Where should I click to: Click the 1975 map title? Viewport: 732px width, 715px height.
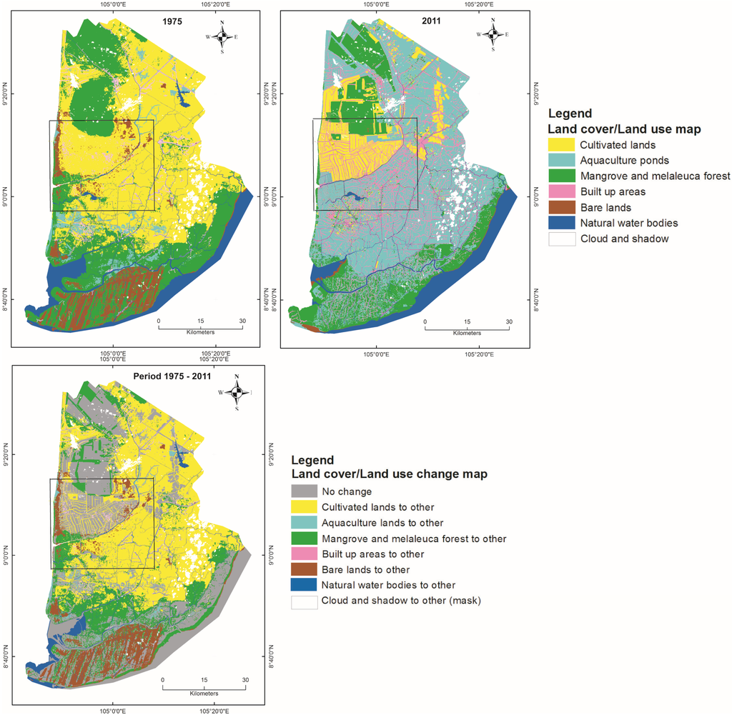(172, 21)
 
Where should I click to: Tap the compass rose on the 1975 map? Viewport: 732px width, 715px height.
(222, 35)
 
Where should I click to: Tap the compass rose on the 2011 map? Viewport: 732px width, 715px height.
(493, 34)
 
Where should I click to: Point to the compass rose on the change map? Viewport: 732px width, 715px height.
(237, 391)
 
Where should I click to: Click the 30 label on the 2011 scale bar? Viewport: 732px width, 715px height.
(509, 322)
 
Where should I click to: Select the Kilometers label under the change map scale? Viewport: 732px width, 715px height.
(204, 694)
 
